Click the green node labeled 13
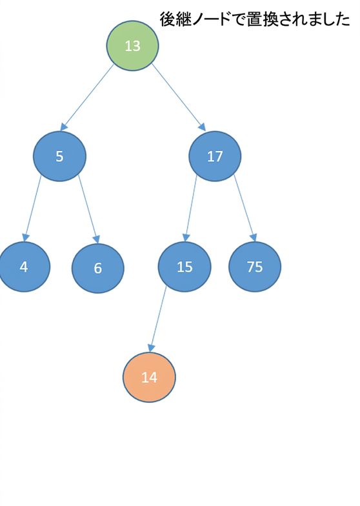(x=133, y=46)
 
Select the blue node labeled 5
(x=59, y=156)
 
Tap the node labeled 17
(x=215, y=156)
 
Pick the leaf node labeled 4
(x=23, y=267)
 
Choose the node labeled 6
(x=98, y=268)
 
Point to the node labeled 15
(x=185, y=267)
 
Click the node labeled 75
(x=255, y=267)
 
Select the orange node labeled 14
(x=150, y=377)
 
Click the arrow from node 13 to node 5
(x=88, y=97)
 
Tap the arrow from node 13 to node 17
(x=179, y=97)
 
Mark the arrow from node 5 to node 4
(x=32, y=208)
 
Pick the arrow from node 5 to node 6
(x=89, y=209)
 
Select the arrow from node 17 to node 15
(x=190, y=208)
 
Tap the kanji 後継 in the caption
(x=174, y=19)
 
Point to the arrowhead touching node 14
(x=151, y=349)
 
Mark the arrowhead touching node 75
(x=254, y=238)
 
